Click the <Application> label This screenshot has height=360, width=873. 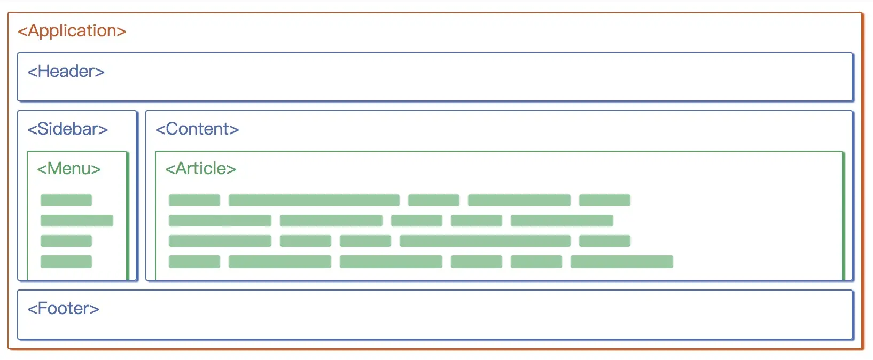pyautogui.click(x=72, y=31)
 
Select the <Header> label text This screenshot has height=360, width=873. pyautogui.click(x=66, y=71)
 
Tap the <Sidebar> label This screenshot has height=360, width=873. pyautogui.click(x=67, y=129)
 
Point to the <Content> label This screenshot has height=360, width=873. pyautogui.click(x=197, y=129)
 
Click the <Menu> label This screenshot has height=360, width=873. pyautogui.click(x=69, y=169)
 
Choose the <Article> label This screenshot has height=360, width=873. pyautogui.click(x=201, y=169)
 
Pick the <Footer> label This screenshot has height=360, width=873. pyautogui.click(x=63, y=309)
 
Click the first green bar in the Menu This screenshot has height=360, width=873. pyautogui.click(x=66, y=200)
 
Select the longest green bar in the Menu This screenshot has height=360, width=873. pyautogui.click(x=77, y=221)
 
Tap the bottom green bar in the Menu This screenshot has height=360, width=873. pyautogui.click(x=66, y=261)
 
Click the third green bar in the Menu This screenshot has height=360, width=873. pyautogui.click(x=66, y=241)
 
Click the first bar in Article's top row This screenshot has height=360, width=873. pyautogui.click(x=194, y=200)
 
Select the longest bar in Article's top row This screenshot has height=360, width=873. pyautogui.click(x=314, y=200)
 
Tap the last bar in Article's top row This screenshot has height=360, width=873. pyautogui.click(x=605, y=200)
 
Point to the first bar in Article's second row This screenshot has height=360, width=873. pyautogui.click(x=220, y=221)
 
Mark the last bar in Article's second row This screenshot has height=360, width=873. pyautogui.click(x=562, y=221)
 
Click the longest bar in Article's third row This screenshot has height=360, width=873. pyautogui.click(x=485, y=241)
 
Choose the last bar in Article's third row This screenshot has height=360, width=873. pyautogui.click(x=605, y=241)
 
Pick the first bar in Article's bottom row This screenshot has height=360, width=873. pyautogui.click(x=194, y=261)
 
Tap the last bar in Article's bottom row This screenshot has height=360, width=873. pyautogui.click(x=622, y=261)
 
